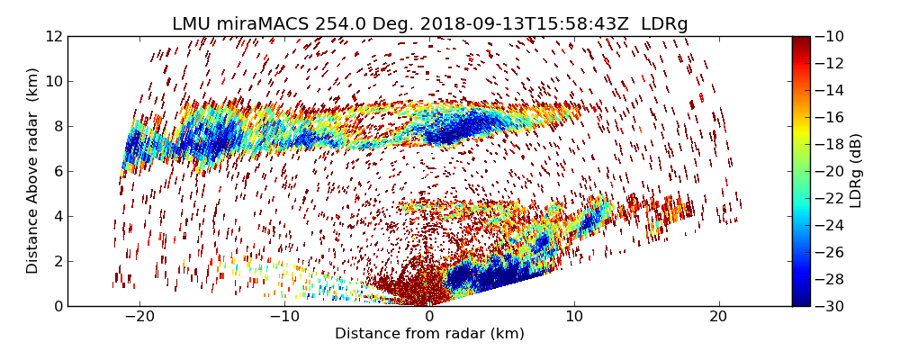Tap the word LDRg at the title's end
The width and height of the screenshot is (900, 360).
pos(664,24)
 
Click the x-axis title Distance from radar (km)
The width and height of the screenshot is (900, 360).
pos(429,334)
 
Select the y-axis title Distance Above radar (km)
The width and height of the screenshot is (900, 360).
pos(33,171)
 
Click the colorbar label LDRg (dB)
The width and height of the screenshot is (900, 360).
pos(856,171)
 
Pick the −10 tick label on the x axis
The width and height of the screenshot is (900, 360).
pos(284,317)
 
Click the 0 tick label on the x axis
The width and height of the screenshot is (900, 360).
pos(429,317)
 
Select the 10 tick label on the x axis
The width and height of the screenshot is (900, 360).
pos(574,317)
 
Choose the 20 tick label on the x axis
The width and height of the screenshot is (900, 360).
pos(718,317)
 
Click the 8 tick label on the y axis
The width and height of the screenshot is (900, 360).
pos(58,126)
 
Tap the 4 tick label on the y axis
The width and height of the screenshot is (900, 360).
pos(58,216)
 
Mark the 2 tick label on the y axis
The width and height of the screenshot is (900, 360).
pos(58,261)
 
